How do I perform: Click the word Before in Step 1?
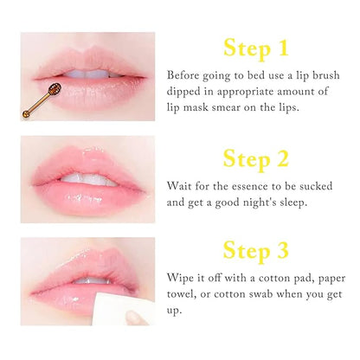coord(183,74)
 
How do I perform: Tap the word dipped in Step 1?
coord(183,92)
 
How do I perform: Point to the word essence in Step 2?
coord(243,185)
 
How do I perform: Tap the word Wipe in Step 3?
coord(180,279)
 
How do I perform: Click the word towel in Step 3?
coord(183,296)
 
